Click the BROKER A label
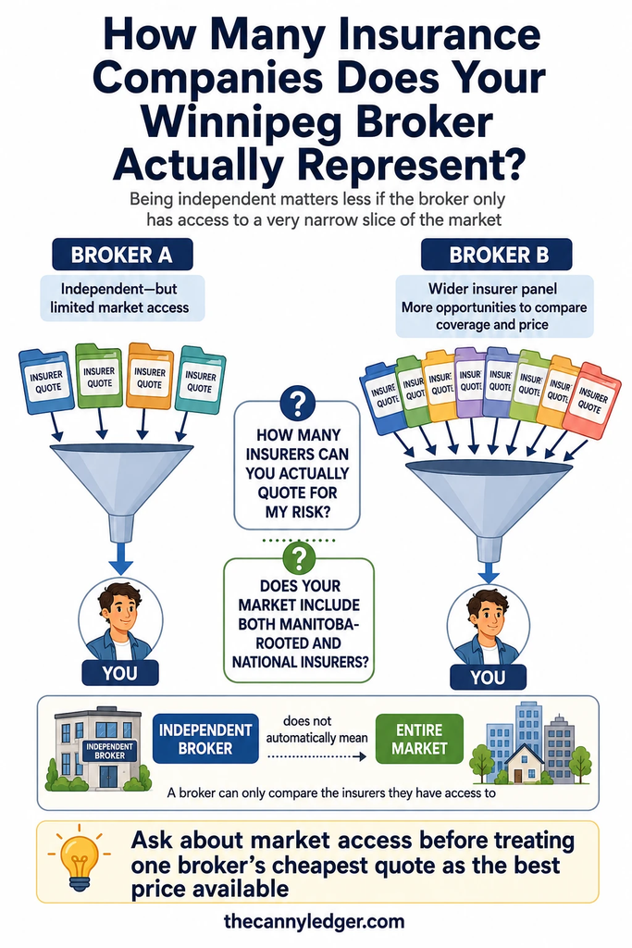tap(122, 255)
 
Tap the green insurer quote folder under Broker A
tap(98, 376)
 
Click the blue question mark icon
tap(297, 403)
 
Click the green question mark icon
tap(299, 557)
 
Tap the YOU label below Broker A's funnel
tap(119, 673)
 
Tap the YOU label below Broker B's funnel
tap(489, 677)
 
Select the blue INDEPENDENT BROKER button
tap(205, 739)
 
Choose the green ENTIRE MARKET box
tap(419, 739)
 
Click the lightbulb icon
tap(79, 860)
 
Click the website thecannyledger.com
tap(314, 921)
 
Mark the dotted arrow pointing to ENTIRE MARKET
tap(316, 756)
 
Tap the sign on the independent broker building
tap(109, 751)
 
